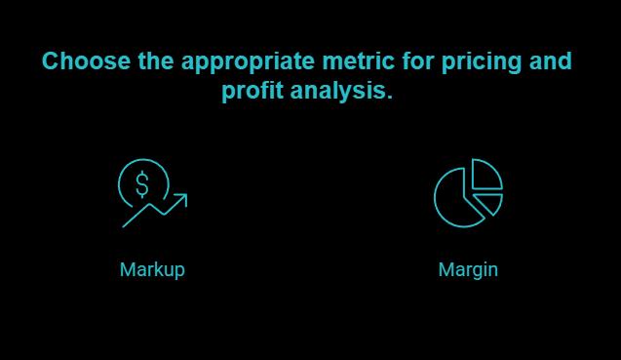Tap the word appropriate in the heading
click(x=244, y=61)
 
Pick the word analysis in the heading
click(x=341, y=93)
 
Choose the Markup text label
click(x=152, y=269)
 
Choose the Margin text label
click(x=468, y=269)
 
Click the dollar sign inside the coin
click(x=143, y=182)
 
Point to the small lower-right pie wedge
click(x=490, y=202)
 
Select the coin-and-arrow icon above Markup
click(x=152, y=193)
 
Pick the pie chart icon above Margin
click(x=468, y=192)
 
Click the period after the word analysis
click(x=390, y=99)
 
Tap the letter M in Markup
click(x=127, y=269)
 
